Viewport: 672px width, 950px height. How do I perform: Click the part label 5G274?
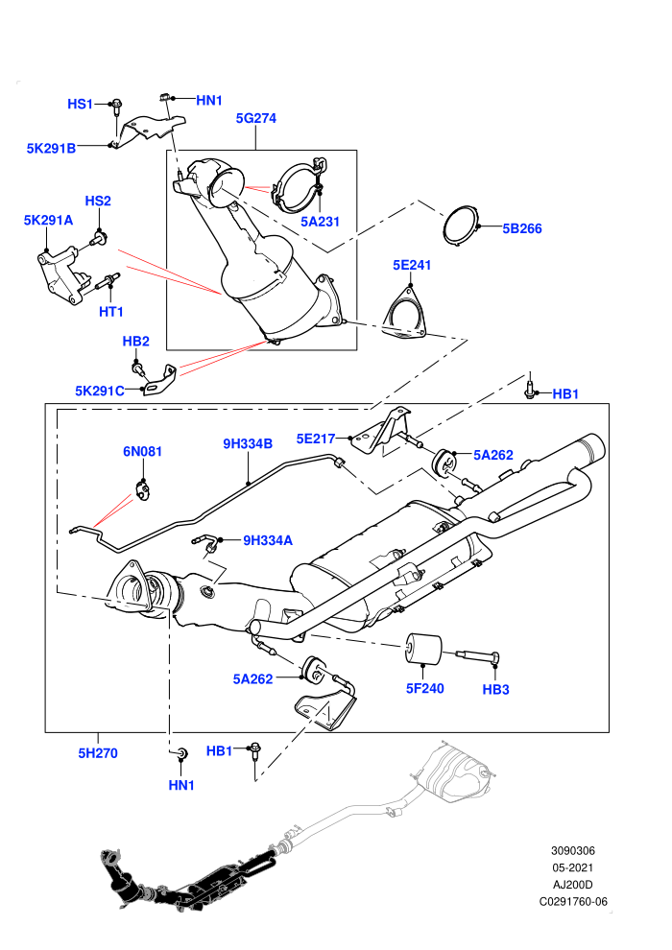[255, 118]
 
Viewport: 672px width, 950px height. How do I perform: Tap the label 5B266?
[521, 228]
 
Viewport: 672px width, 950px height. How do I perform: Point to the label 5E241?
[412, 265]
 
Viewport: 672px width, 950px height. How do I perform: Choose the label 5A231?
[320, 222]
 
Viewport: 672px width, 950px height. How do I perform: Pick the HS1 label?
[80, 105]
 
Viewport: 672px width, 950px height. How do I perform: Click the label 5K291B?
[51, 149]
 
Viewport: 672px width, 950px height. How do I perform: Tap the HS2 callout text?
[98, 201]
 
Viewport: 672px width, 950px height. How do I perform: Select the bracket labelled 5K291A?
[60, 275]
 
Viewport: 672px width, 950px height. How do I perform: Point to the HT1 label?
[111, 312]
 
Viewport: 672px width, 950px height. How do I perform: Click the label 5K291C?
[100, 391]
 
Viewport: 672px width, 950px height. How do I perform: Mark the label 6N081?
[142, 451]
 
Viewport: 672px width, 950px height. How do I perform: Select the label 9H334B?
[248, 443]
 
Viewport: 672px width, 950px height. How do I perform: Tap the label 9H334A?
[268, 540]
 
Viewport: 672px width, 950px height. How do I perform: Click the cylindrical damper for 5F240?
[423, 649]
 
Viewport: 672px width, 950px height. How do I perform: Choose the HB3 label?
[495, 690]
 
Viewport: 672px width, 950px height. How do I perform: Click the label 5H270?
[98, 753]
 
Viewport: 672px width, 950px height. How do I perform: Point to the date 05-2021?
[572, 867]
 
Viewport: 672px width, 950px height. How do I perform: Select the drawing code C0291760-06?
[573, 901]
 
